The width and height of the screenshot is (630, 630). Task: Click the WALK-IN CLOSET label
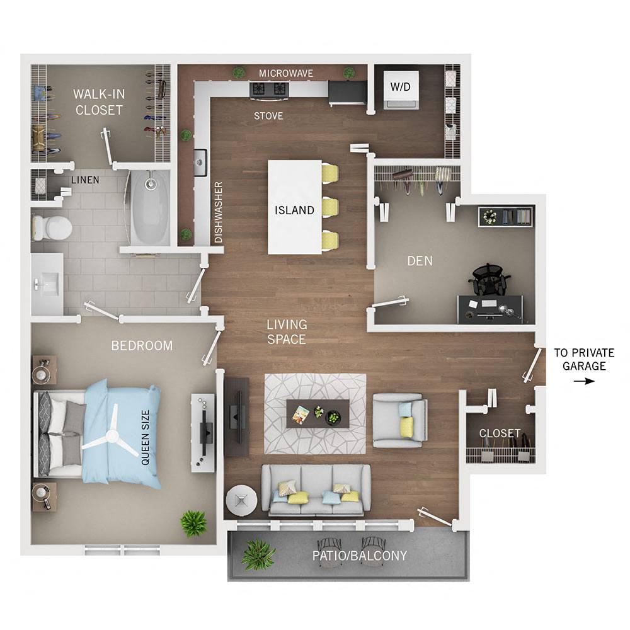tap(98, 102)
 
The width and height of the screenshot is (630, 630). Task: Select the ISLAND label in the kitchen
tap(294, 210)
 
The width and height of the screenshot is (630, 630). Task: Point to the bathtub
tap(150, 208)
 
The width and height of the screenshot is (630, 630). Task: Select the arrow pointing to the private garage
tap(588, 381)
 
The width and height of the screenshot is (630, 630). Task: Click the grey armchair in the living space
tap(399, 420)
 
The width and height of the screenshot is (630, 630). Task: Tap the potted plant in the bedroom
tap(194, 522)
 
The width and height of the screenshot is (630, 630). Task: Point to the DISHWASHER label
tap(219, 213)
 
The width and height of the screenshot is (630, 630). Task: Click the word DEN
tap(420, 260)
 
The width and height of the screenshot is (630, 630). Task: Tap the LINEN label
tap(85, 180)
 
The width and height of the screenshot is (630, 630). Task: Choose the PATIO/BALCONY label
tap(360, 556)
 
